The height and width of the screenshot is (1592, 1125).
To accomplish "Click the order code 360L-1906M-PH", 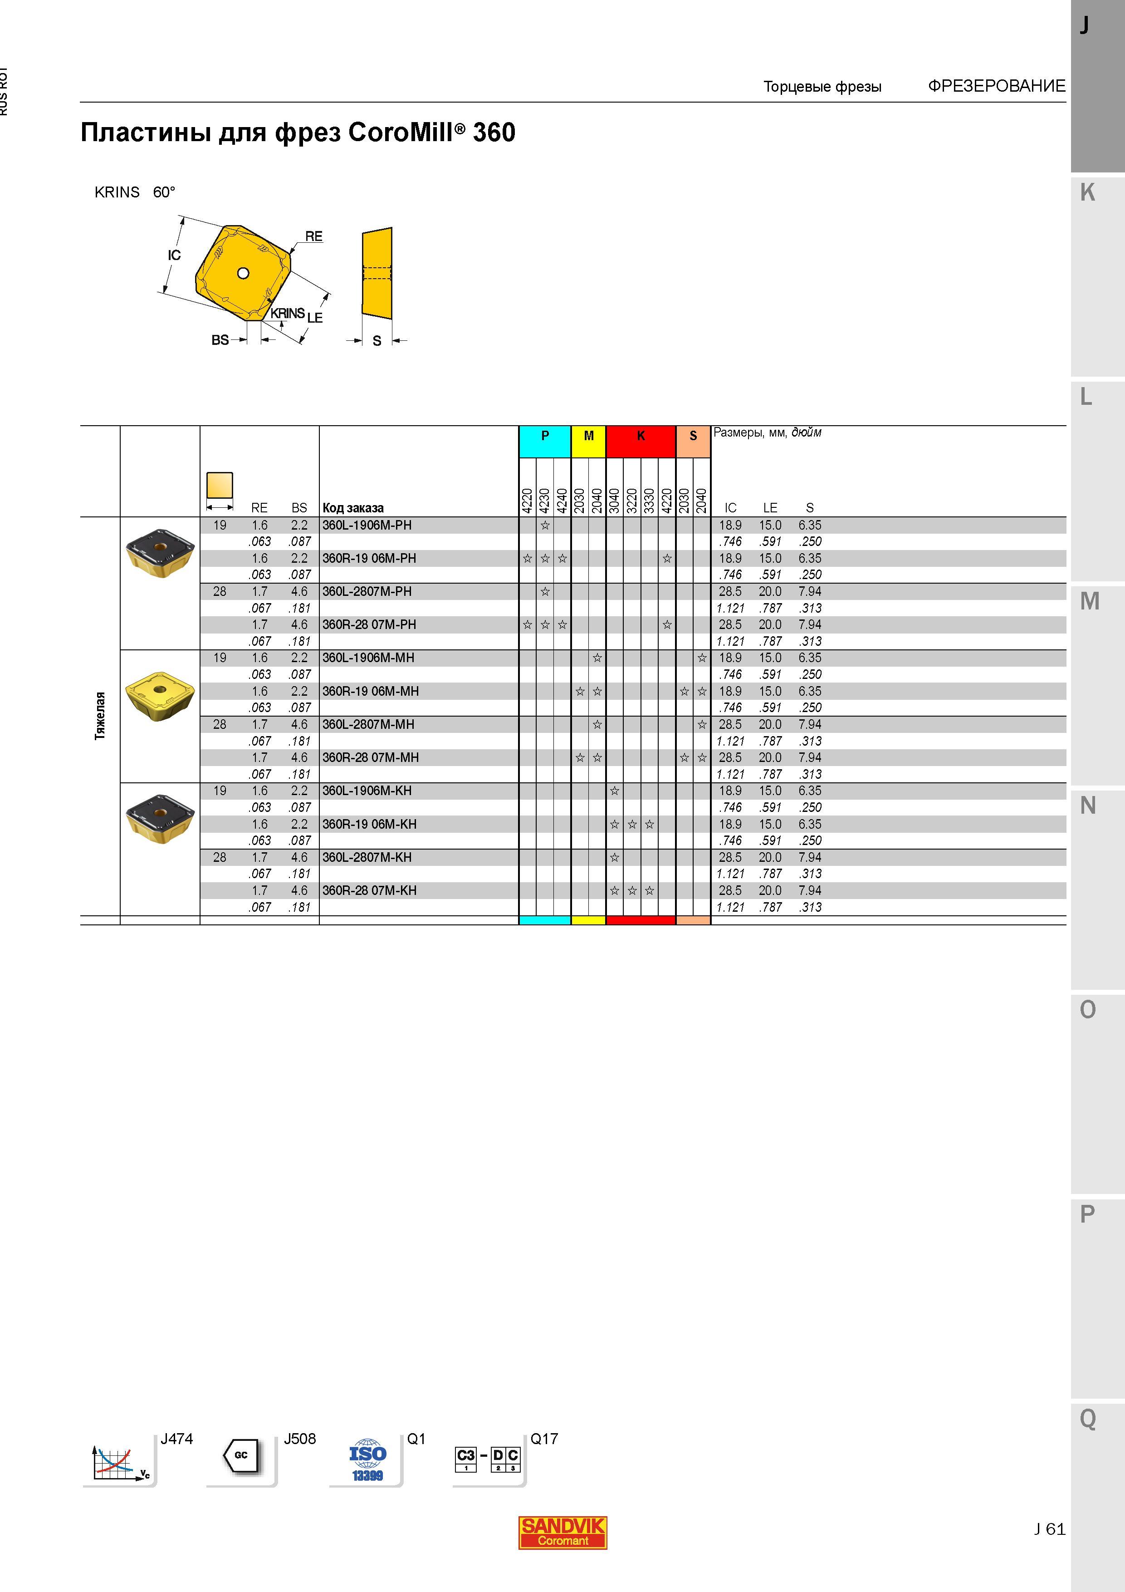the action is coord(367,525).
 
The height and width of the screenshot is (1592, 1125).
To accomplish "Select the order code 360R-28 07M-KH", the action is coord(369,890).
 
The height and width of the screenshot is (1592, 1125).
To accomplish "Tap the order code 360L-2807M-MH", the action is coord(368,724).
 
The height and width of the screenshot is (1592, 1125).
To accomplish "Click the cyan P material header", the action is coord(545,442).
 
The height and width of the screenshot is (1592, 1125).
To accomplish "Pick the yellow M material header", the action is coord(588,442).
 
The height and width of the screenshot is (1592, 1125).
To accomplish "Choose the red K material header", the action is coord(641,442).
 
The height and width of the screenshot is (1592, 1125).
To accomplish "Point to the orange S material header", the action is coord(693,442).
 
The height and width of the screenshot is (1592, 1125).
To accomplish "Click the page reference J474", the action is coord(177,1439).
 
